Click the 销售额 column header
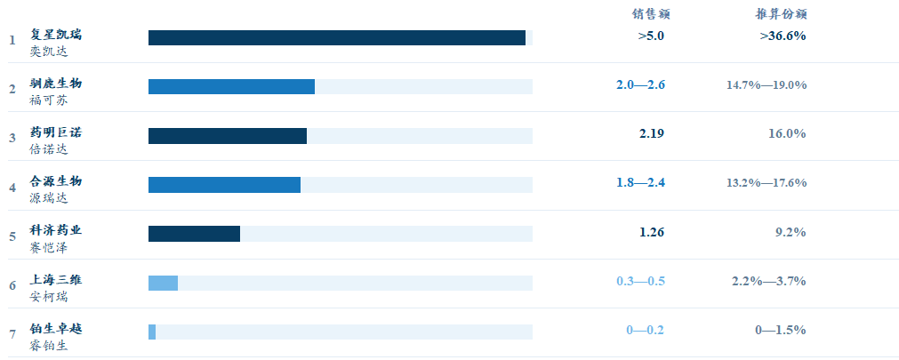coord(651,14)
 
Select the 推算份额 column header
coord(781,14)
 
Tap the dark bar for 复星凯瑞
coord(336,38)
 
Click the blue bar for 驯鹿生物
coord(231,86)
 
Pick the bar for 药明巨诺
coord(228,136)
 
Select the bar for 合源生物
coord(224,185)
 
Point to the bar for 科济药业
coord(195,234)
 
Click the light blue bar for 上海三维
coord(163,284)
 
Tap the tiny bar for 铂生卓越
coord(152,332)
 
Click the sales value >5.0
coord(651,36)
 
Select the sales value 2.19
coord(651,133)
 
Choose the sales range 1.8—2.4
coord(640,183)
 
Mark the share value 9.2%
coord(791,232)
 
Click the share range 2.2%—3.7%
coord(769,281)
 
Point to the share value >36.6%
coord(783,36)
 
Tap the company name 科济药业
coord(56,230)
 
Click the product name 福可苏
coord(49,100)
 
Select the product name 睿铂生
coord(49,346)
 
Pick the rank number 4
coord(12,188)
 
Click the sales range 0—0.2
coord(645,330)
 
